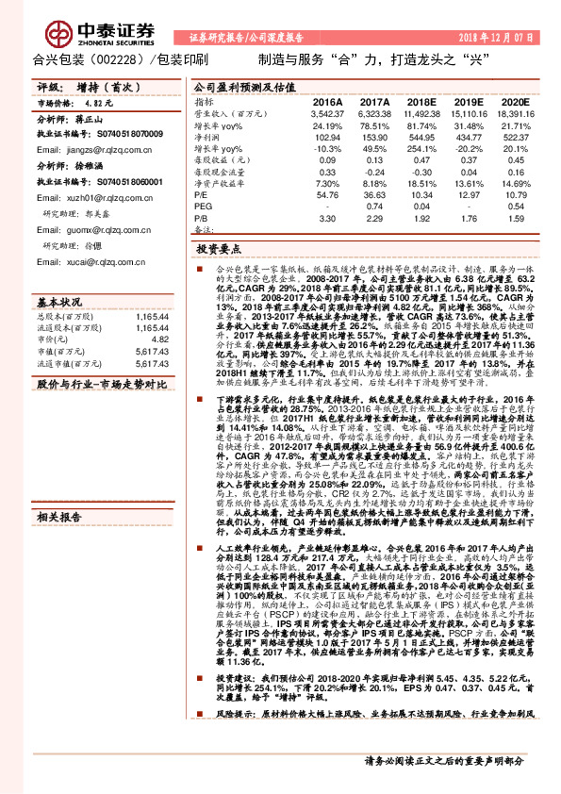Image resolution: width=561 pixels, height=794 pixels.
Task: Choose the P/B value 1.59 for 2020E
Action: (x=513, y=219)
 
